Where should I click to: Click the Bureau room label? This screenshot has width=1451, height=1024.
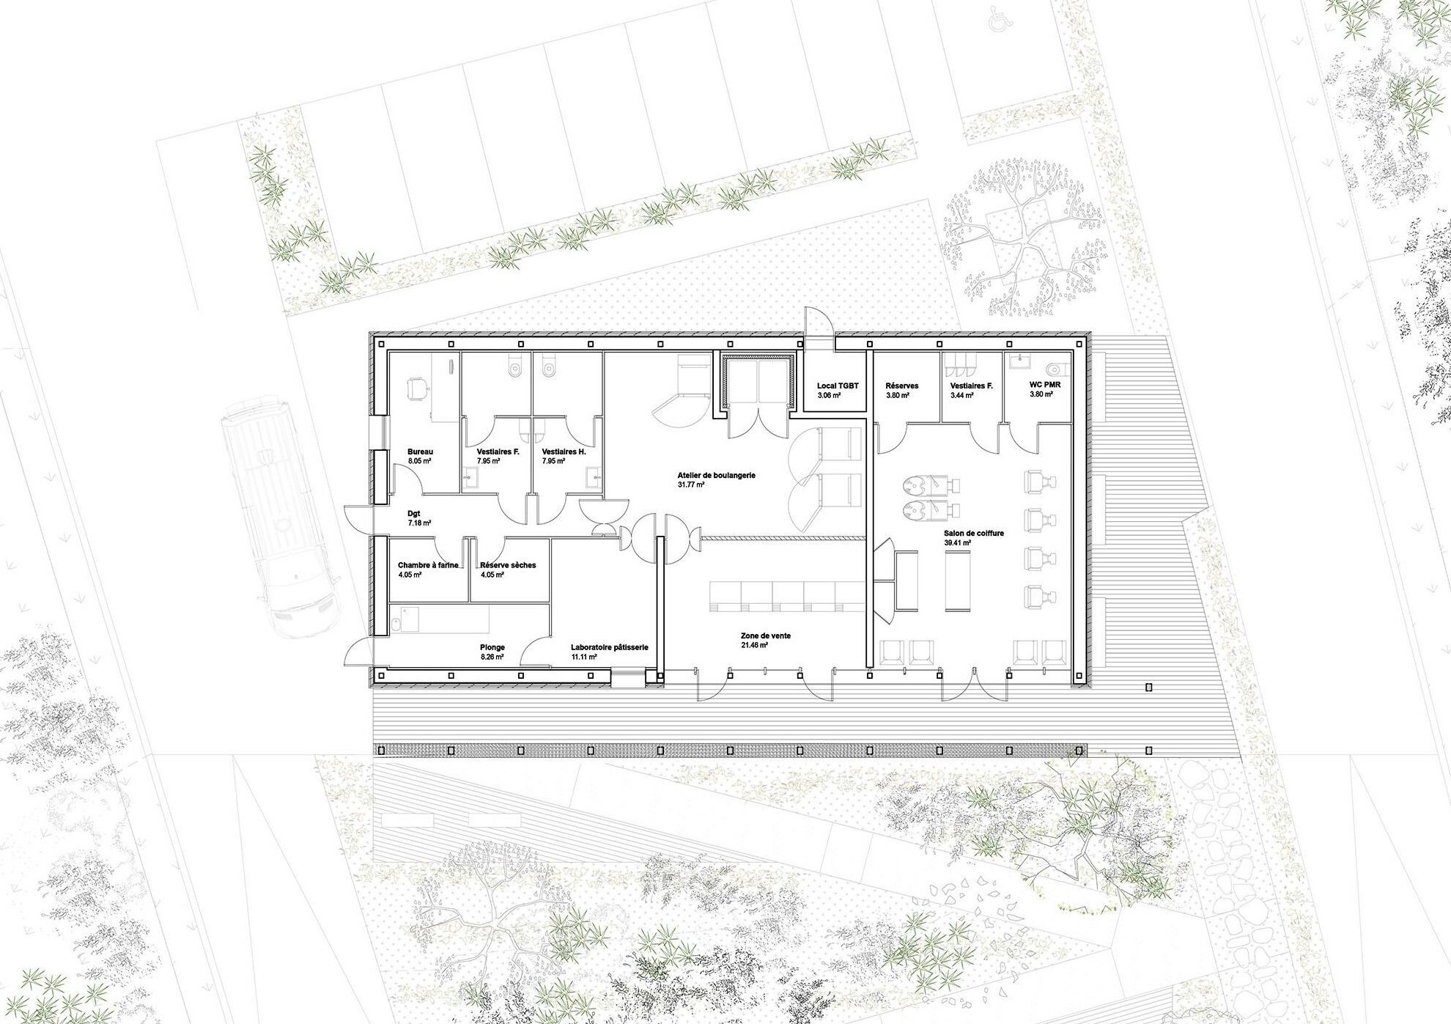[421, 452]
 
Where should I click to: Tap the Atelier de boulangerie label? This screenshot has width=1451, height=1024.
[716, 475]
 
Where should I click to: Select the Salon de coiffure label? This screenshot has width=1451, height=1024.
[974, 533]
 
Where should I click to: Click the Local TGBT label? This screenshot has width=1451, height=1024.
[838, 386]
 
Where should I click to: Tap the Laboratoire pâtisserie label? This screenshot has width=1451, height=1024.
[610, 647]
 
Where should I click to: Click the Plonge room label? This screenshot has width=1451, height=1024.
[492, 647]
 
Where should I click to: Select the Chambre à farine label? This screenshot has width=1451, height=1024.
[428, 565]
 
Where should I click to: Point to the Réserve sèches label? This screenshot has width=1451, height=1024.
[508, 565]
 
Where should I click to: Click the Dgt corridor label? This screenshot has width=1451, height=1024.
[414, 514]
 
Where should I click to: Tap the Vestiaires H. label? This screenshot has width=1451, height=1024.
[564, 452]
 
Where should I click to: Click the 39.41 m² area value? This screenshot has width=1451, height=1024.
[957, 542]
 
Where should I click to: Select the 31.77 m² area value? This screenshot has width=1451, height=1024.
[690, 485]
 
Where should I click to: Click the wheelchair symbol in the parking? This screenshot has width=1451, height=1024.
[997, 21]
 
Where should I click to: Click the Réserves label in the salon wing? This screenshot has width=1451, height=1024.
[901, 386]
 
